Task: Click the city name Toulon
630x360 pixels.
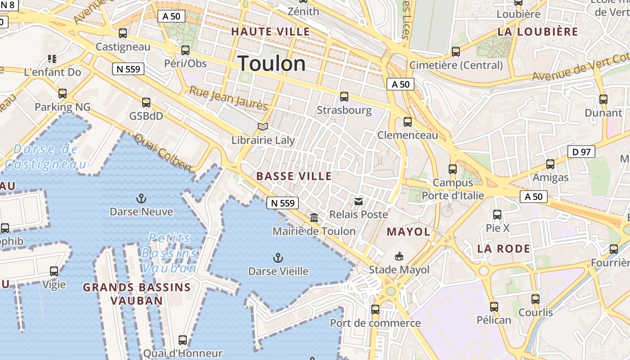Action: pos(272,63)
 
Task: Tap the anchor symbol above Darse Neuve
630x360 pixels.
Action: pos(141,198)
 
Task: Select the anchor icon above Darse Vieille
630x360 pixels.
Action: pos(278,258)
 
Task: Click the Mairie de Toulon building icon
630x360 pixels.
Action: pos(314,218)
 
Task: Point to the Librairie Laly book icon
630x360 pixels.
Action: pos(263,127)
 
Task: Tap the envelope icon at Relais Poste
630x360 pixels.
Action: pos(359,201)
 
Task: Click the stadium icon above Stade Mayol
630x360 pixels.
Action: pos(399,256)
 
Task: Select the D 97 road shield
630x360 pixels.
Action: pos(581,152)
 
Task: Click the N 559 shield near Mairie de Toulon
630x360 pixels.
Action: pos(283,203)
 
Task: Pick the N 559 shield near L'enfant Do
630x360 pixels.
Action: pos(128,69)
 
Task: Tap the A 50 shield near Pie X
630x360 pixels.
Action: pos(534,196)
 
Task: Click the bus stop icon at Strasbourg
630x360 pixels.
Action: pos(344,96)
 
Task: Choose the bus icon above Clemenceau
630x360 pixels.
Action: pos(408,121)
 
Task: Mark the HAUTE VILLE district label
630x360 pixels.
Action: pos(270,31)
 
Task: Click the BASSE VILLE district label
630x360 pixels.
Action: pos(294,176)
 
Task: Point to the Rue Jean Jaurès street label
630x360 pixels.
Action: pos(228,98)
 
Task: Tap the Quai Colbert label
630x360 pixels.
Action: pos(163,153)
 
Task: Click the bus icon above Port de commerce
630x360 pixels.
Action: pos(375,310)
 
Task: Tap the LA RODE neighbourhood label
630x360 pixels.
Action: pos(504,248)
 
